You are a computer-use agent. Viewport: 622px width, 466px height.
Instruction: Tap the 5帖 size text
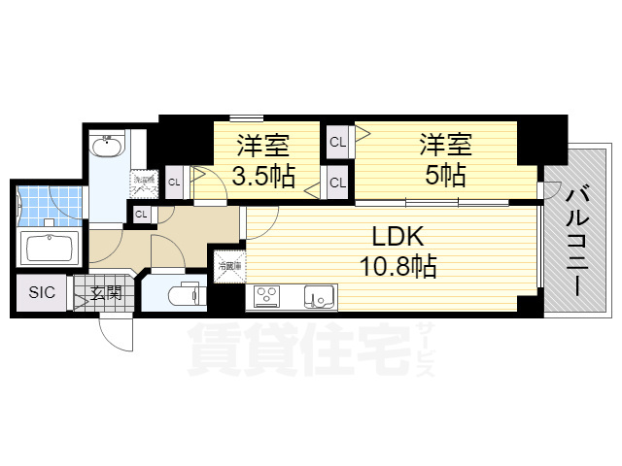(x=445, y=177)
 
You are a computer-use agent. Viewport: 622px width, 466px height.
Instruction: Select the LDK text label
(x=387, y=236)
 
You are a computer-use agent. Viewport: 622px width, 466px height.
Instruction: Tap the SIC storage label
(x=41, y=292)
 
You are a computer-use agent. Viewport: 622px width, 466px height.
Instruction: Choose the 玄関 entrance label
(x=106, y=292)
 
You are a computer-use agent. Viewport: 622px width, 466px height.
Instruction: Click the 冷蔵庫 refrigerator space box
(x=229, y=266)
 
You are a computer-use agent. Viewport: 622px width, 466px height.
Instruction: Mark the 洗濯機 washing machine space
(x=144, y=181)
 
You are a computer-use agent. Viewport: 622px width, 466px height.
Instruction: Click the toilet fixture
(x=184, y=294)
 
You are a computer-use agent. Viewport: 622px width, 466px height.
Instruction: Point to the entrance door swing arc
(x=119, y=335)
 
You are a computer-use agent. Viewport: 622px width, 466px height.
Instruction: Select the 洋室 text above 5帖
(x=445, y=146)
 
